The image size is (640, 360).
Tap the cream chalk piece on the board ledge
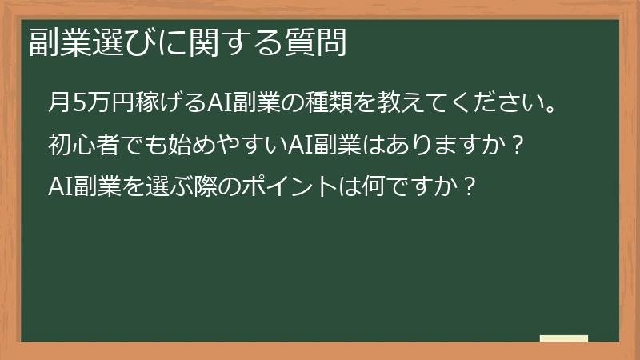tap(563, 338)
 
